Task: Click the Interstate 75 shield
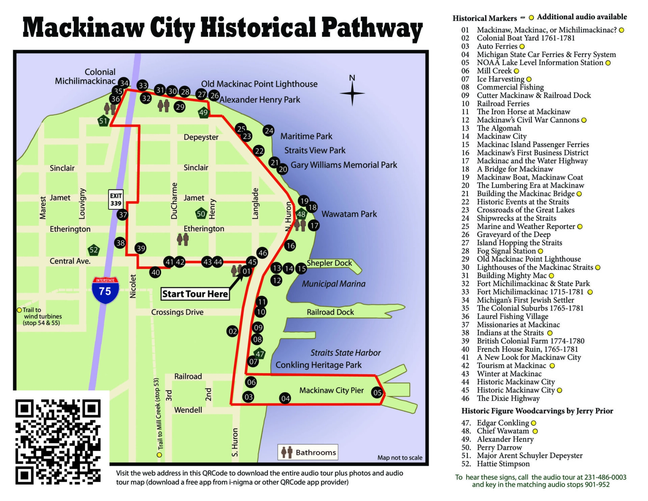[x=105, y=290]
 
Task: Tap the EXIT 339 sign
[x=115, y=200]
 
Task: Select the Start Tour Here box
[x=195, y=294]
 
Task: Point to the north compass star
[x=352, y=93]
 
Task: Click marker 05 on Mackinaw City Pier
[x=377, y=392]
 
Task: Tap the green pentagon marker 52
[x=93, y=250]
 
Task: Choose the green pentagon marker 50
[x=201, y=213]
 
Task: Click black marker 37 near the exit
[x=123, y=215]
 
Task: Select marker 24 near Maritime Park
[x=269, y=131]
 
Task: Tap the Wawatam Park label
[x=349, y=214]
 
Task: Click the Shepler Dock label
[x=329, y=263]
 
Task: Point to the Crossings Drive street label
[x=177, y=312]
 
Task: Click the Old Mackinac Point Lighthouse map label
[x=259, y=84]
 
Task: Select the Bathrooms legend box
[x=308, y=452]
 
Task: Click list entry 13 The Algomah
[x=498, y=128]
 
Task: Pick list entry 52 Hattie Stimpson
[x=503, y=464]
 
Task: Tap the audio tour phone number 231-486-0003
[x=605, y=477]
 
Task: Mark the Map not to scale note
[x=400, y=458]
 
